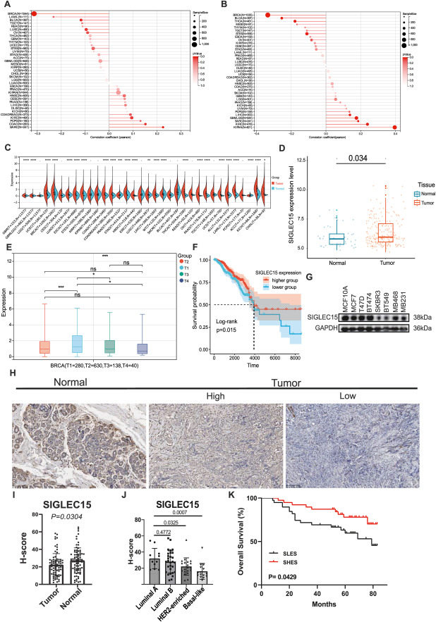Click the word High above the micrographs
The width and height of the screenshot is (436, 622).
click(214, 395)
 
